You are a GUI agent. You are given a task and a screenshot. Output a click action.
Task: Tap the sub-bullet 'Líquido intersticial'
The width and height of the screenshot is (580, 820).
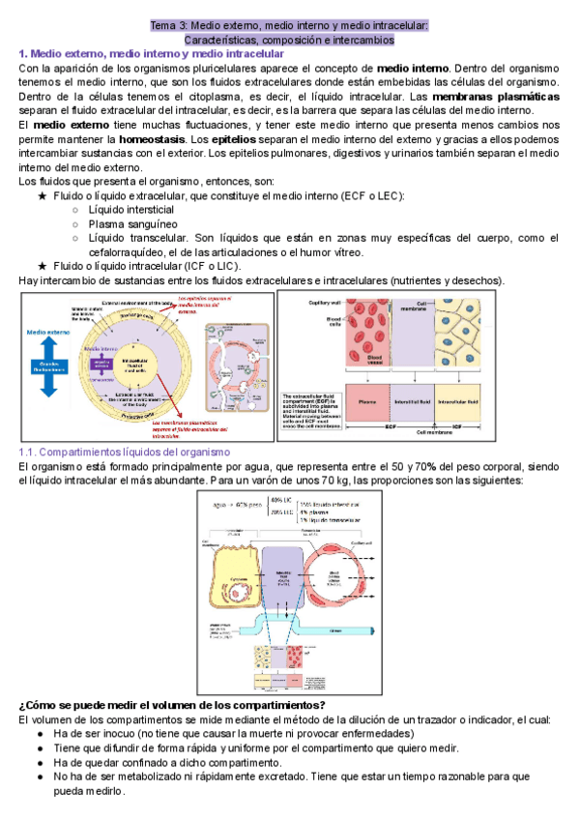tap(130, 210)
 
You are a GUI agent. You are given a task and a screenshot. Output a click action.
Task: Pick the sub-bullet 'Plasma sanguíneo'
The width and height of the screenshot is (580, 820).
tap(126, 224)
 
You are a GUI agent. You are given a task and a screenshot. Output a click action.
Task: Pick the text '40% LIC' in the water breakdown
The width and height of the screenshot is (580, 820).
tap(284, 501)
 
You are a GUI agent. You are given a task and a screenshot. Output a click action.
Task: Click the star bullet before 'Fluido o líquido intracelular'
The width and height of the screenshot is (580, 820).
tap(42, 266)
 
